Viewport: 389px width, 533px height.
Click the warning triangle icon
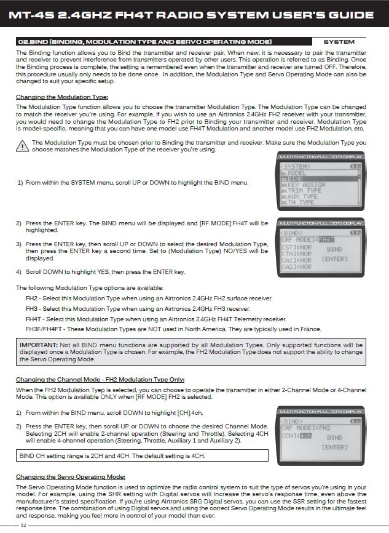pyautogui.click(x=24, y=146)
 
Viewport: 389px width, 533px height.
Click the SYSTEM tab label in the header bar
pyautogui.click(x=339, y=42)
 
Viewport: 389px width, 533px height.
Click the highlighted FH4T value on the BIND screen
pyautogui.click(x=328, y=240)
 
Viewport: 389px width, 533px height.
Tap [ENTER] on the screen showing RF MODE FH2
pyautogui.click(x=335, y=447)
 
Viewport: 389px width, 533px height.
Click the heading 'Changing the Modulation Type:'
pyautogui.click(x=61, y=97)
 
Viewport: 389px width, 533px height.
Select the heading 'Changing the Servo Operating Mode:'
pyautogui.click(x=70, y=477)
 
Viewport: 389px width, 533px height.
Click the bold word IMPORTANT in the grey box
pyautogui.click(x=39, y=345)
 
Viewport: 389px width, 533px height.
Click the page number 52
pyautogui.click(x=23, y=525)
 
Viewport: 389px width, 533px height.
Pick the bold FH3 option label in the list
pyautogui.click(x=32, y=308)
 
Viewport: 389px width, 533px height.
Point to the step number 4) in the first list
pyautogui.click(x=19, y=271)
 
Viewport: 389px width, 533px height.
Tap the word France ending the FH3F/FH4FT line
pyautogui.click(x=310, y=329)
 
